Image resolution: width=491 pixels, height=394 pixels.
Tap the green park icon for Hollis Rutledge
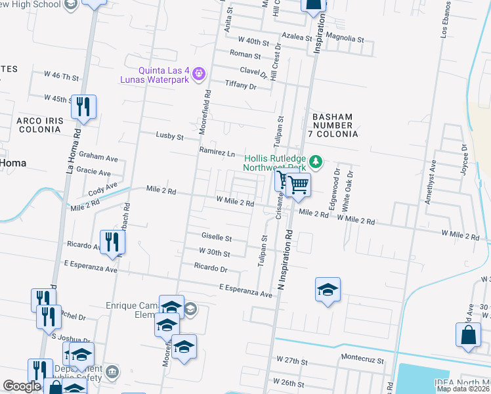(316, 161)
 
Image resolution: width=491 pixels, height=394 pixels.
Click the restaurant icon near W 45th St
(84, 107)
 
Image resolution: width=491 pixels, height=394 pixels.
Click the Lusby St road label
(169, 136)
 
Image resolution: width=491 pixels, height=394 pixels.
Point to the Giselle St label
(217, 237)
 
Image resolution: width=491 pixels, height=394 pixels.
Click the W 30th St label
(215, 252)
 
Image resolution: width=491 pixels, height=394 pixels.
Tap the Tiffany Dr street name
(240, 85)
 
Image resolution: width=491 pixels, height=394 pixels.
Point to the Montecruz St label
(361, 359)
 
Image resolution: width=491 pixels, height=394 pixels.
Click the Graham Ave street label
(98, 158)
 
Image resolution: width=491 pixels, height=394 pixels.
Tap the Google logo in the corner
(22, 387)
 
